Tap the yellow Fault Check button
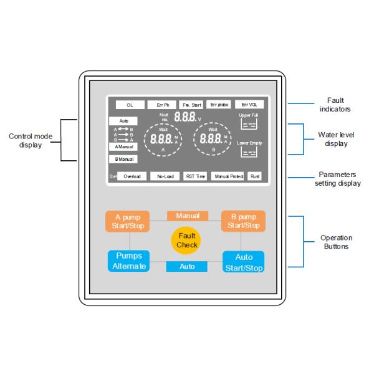tap(187, 241)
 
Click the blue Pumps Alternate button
tap(130, 261)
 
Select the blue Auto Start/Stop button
tap(244, 262)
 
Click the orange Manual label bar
tap(188, 216)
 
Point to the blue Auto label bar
tap(188, 266)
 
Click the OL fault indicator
tap(130, 105)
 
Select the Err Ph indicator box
tap(162, 105)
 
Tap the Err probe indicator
tap(219, 105)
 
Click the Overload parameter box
tap(132, 176)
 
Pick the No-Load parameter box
tap(165, 176)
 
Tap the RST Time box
tap(195, 176)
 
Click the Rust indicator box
tap(255, 176)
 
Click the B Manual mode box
tap(123, 159)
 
